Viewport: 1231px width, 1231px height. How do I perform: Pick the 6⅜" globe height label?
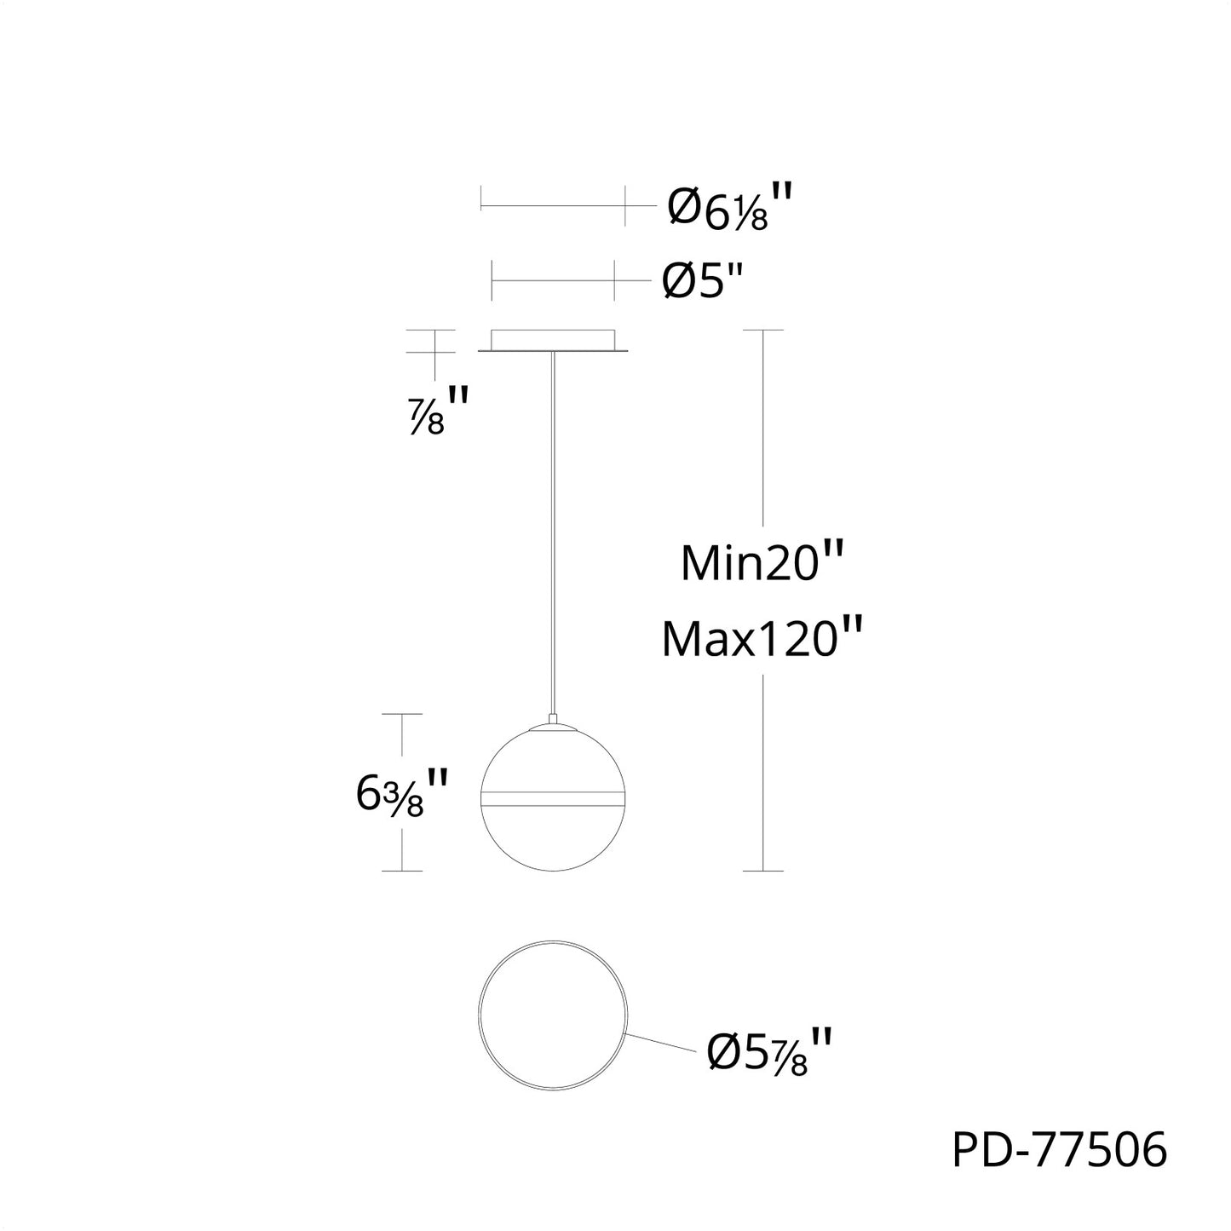(401, 793)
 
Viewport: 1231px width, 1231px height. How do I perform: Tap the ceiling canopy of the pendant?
(553, 341)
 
